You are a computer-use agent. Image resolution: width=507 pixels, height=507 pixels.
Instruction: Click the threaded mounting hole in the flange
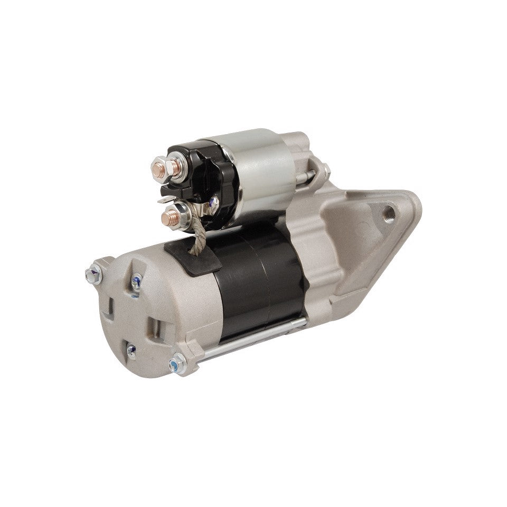389,216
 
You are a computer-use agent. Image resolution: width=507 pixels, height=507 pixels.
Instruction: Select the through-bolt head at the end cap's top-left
93,273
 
